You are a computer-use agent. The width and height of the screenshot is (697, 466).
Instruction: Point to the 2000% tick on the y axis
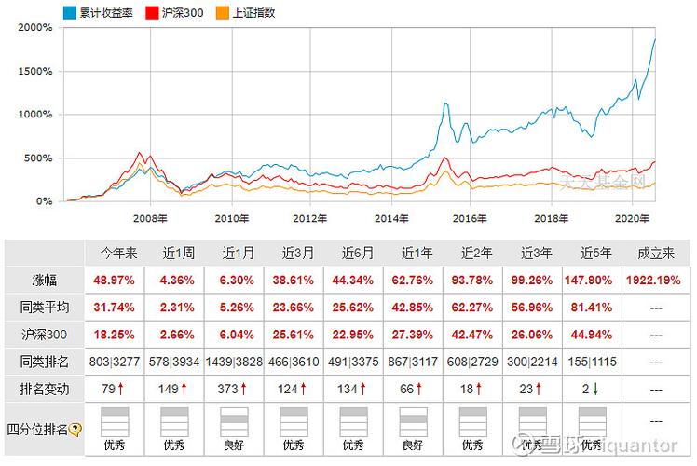[34, 27]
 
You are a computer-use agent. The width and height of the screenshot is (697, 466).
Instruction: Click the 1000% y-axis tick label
[34, 115]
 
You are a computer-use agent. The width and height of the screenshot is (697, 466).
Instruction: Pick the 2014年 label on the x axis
[391, 219]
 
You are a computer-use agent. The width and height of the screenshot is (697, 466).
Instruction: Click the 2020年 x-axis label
[630, 219]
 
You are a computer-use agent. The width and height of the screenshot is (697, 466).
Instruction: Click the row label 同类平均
[43, 308]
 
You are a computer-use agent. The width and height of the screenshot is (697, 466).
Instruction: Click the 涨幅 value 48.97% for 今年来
[118, 280]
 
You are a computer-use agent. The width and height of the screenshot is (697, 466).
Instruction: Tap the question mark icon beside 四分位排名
[75, 430]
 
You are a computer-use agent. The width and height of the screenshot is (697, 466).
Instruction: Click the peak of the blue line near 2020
[655, 39]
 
